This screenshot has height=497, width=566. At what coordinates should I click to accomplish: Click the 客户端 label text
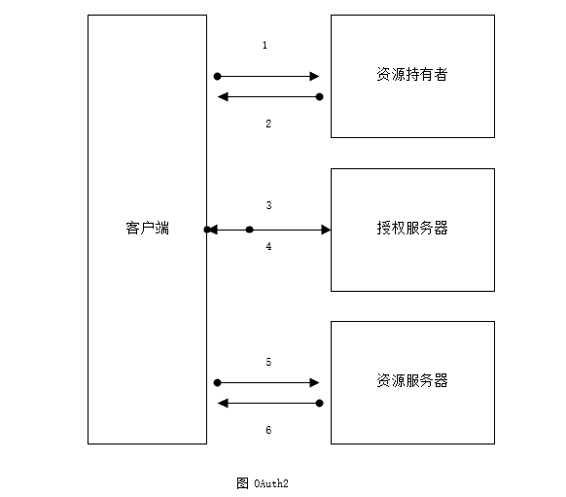[147, 229]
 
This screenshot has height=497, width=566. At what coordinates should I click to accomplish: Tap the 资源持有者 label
[412, 74]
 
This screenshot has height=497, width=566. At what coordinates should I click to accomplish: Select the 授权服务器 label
[412, 229]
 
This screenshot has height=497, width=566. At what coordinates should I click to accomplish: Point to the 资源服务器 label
[412, 381]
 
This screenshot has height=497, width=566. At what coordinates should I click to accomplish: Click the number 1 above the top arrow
[265, 45]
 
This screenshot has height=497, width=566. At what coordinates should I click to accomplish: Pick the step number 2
[268, 124]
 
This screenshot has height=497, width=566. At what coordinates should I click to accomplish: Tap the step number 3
[268, 205]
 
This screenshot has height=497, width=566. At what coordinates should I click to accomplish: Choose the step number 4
[268, 246]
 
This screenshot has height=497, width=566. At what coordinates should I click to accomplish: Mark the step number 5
[268, 362]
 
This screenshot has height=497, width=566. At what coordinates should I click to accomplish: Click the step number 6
[268, 430]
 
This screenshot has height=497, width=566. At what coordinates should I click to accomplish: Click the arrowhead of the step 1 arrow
[314, 76]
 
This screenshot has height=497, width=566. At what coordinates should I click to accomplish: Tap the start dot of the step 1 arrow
[217, 76]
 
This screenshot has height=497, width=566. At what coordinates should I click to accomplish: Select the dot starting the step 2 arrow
[319, 96]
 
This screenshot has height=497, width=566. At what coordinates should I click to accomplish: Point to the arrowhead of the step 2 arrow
[223, 96]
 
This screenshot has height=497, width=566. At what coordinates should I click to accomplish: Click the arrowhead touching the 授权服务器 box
[326, 230]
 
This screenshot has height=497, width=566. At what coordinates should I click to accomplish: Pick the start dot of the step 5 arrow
[217, 382]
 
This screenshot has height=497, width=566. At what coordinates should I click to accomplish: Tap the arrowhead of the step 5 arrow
[314, 382]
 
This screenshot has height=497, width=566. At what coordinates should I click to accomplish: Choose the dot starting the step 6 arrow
[319, 404]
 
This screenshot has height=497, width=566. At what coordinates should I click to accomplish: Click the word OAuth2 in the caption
[271, 483]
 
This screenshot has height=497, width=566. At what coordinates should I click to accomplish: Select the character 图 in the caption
[242, 483]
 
